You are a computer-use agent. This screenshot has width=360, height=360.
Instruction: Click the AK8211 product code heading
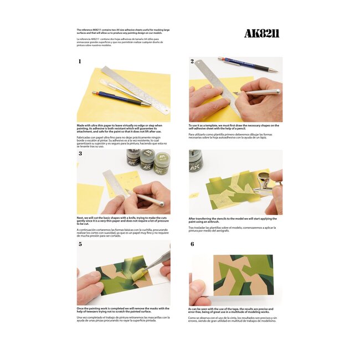tap(261, 34)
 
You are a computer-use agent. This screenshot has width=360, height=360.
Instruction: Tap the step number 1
tap(80, 61)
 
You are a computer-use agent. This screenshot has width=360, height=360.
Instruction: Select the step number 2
tap(192, 61)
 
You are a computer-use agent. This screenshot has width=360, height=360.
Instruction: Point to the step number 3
tap(80, 153)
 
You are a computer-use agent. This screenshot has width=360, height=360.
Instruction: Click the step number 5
tap(80, 244)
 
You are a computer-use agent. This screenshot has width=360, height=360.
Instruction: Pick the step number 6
tap(192, 244)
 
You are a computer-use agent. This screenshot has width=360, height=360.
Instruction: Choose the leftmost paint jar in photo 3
tap(132, 158)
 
